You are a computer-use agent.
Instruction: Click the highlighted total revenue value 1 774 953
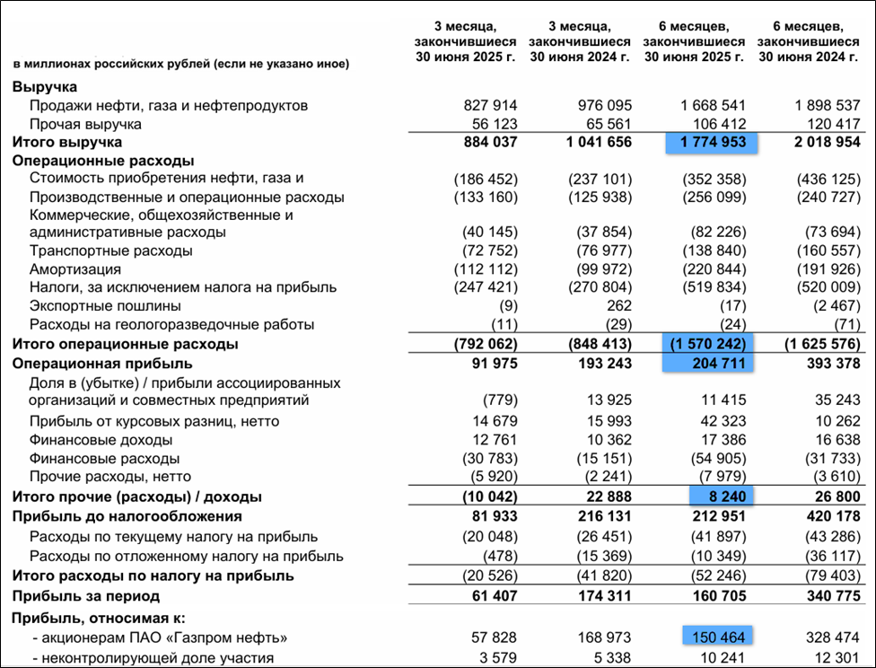[x=712, y=142]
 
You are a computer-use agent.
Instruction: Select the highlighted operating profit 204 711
[x=712, y=363]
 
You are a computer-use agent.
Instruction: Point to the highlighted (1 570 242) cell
[x=706, y=344]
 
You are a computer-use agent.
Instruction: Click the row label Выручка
[x=45, y=86]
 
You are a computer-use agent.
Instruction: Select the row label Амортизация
[x=74, y=268]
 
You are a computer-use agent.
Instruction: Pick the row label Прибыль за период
[x=85, y=595]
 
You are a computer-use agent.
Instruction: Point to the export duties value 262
[x=618, y=305]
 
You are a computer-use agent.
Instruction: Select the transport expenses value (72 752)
[x=486, y=250]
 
